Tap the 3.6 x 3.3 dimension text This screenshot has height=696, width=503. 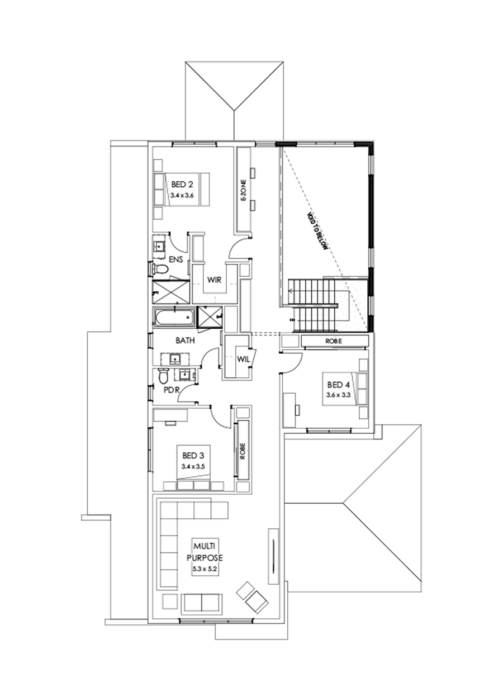[338, 395]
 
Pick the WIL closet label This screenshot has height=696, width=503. [243, 359]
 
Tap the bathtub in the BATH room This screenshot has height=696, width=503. [174, 319]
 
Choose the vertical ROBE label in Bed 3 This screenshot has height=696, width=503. [243, 451]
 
